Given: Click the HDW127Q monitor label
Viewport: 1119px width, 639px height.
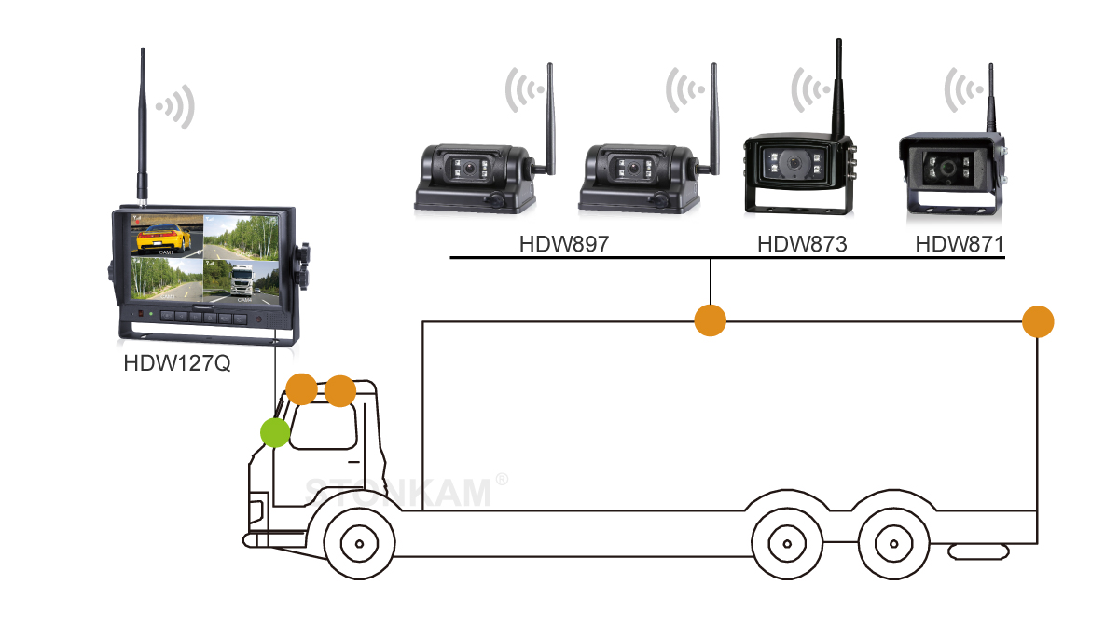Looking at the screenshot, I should (x=176, y=362).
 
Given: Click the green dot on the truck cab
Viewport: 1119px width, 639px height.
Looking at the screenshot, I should (x=274, y=432).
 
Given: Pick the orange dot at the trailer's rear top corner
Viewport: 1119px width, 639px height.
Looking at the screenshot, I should (x=1038, y=321).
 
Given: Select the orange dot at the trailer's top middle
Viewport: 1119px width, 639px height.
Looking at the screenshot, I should (x=711, y=320).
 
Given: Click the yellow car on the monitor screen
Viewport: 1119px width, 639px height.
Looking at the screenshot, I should (x=164, y=238).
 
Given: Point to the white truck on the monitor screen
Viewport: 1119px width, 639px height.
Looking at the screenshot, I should (x=241, y=280).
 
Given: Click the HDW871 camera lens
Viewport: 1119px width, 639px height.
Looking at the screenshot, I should (x=948, y=170).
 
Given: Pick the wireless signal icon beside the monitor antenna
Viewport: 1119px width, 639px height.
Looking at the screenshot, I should (x=177, y=106).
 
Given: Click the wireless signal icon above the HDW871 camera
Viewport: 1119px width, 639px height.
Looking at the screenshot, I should (x=964, y=91).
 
